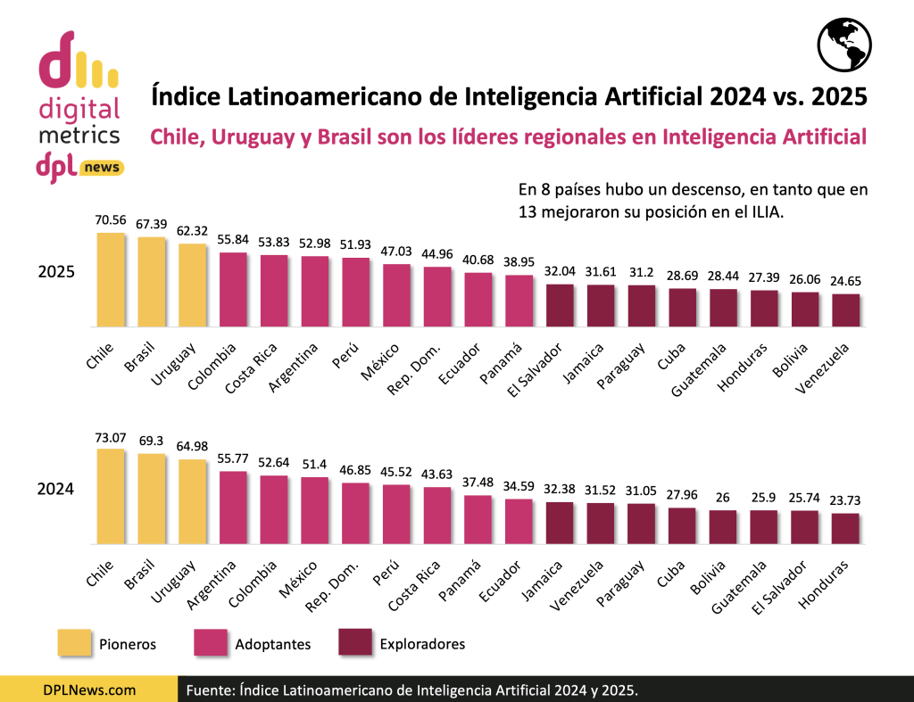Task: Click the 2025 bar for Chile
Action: [x=111, y=279]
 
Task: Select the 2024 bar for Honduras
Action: [x=845, y=528]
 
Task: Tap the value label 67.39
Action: [x=152, y=225]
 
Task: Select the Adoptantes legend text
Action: [x=274, y=643]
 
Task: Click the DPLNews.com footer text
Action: [x=89, y=690]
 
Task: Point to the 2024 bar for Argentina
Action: [x=233, y=507]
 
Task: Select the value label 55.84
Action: [x=233, y=240]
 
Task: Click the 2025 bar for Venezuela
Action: [x=845, y=309]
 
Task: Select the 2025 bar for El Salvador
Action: [x=560, y=304]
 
